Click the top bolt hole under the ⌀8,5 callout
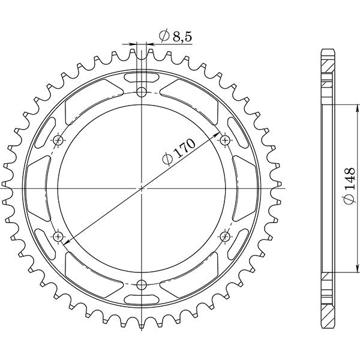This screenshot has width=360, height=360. [142, 92]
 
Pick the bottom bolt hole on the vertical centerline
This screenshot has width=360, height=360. [142, 284]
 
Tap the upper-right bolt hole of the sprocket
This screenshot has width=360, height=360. [225, 140]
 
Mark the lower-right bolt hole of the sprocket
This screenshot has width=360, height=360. [225, 236]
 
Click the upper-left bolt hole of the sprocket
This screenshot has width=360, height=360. [58, 140]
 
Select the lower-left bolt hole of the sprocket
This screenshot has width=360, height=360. [58, 236]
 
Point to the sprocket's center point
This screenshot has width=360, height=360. [142, 188]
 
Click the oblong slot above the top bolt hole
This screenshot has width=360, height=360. [142, 77]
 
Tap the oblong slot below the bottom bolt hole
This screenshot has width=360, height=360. [142, 298]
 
